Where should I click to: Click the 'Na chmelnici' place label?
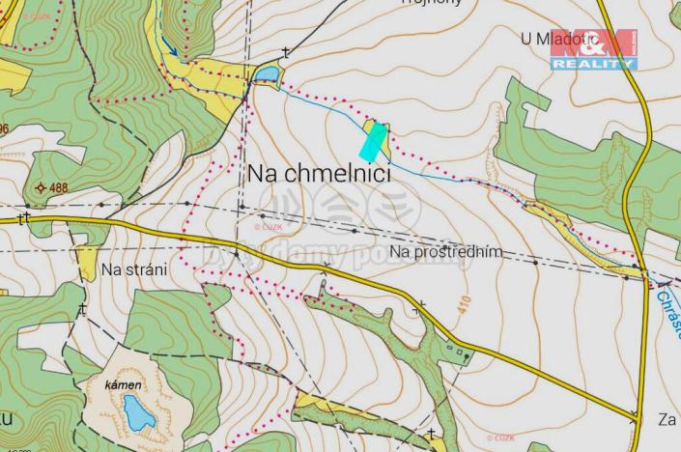pos(319,174)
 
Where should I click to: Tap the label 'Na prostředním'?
pos(446,251)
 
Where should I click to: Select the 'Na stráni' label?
pos(134,270)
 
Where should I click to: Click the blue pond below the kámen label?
pos(138,413)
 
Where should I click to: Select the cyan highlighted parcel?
pos(373,141)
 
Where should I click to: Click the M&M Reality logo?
pos(594,49)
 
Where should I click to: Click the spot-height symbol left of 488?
pos(41,187)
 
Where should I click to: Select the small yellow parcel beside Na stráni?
pos(87,263)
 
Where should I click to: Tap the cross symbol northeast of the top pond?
pos(286,52)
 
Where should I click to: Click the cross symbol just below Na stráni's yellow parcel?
pos(83,309)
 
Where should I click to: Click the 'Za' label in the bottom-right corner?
pos(667,419)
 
